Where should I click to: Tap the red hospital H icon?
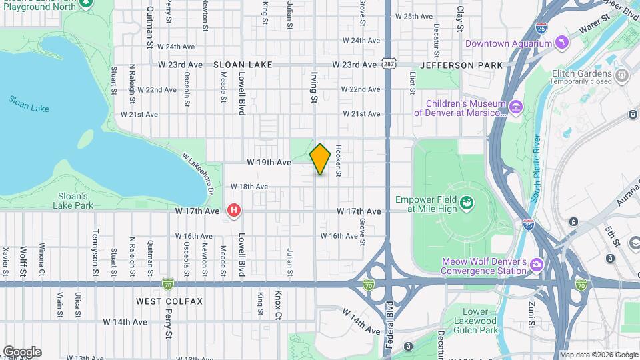click(x=234, y=211)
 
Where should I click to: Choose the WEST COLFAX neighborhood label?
click(x=169, y=301)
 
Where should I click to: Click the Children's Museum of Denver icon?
click(x=515, y=107)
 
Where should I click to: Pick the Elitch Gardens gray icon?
click(x=622, y=73)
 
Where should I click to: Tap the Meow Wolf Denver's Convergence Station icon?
click(x=537, y=266)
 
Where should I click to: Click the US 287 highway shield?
click(x=389, y=64)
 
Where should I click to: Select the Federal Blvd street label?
click(x=390, y=327)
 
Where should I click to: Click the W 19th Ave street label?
click(x=269, y=162)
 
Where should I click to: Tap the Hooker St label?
click(x=339, y=161)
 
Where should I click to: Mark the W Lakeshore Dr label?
click(x=197, y=172)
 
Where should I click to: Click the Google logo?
click(x=22, y=352)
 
